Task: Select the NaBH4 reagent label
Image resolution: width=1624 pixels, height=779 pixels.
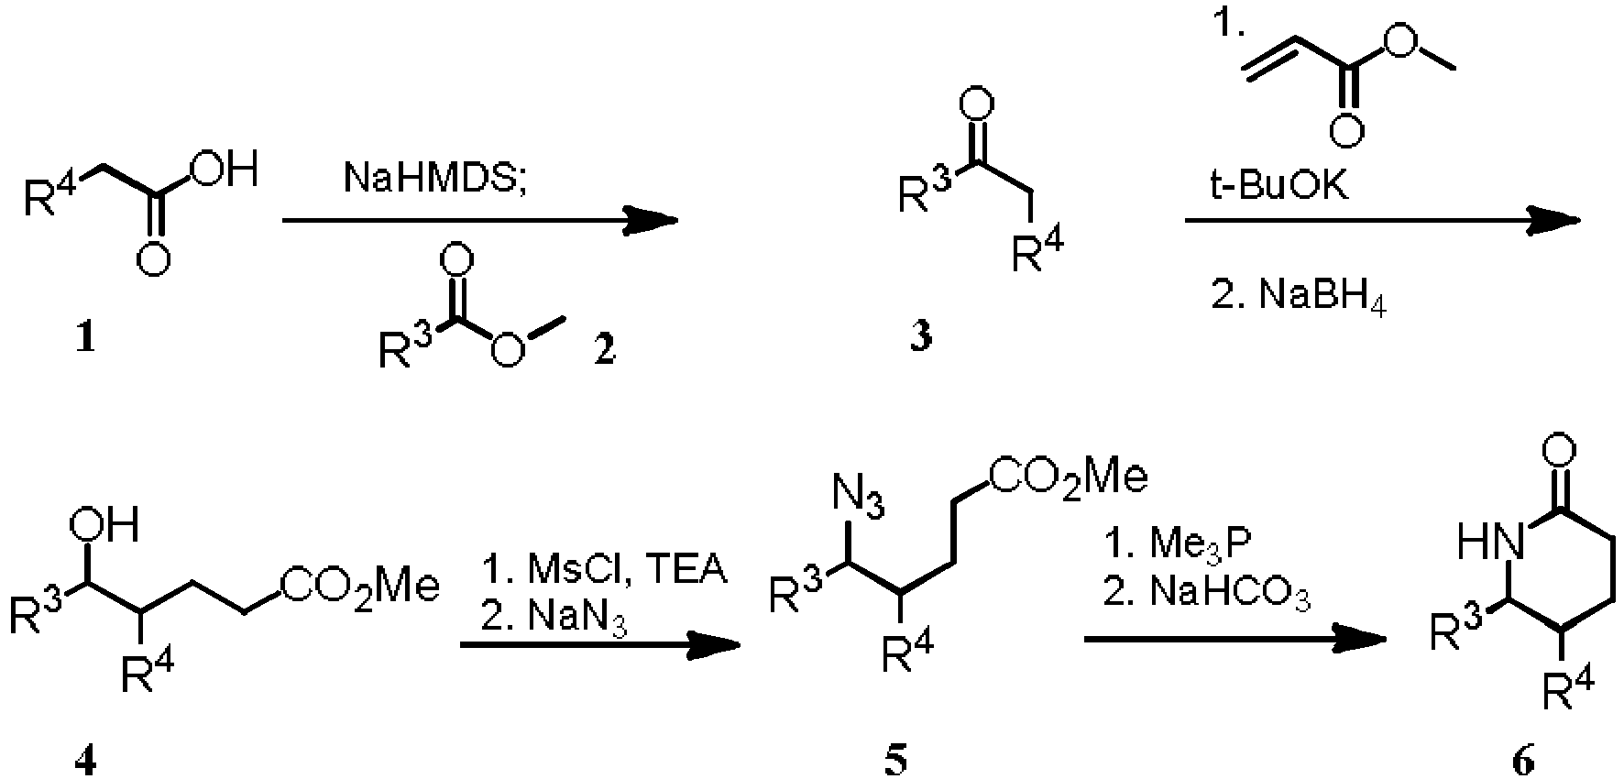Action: [x=1299, y=299]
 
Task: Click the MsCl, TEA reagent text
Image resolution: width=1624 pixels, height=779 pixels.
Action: [x=604, y=570]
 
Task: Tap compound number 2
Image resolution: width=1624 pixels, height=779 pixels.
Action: [x=604, y=349]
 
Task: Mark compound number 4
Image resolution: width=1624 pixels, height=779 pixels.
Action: [x=85, y=762]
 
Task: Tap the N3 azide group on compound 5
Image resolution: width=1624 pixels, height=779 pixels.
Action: [x=858, y=500]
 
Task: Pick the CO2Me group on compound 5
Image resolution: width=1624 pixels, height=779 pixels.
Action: [x=1067, y=478]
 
